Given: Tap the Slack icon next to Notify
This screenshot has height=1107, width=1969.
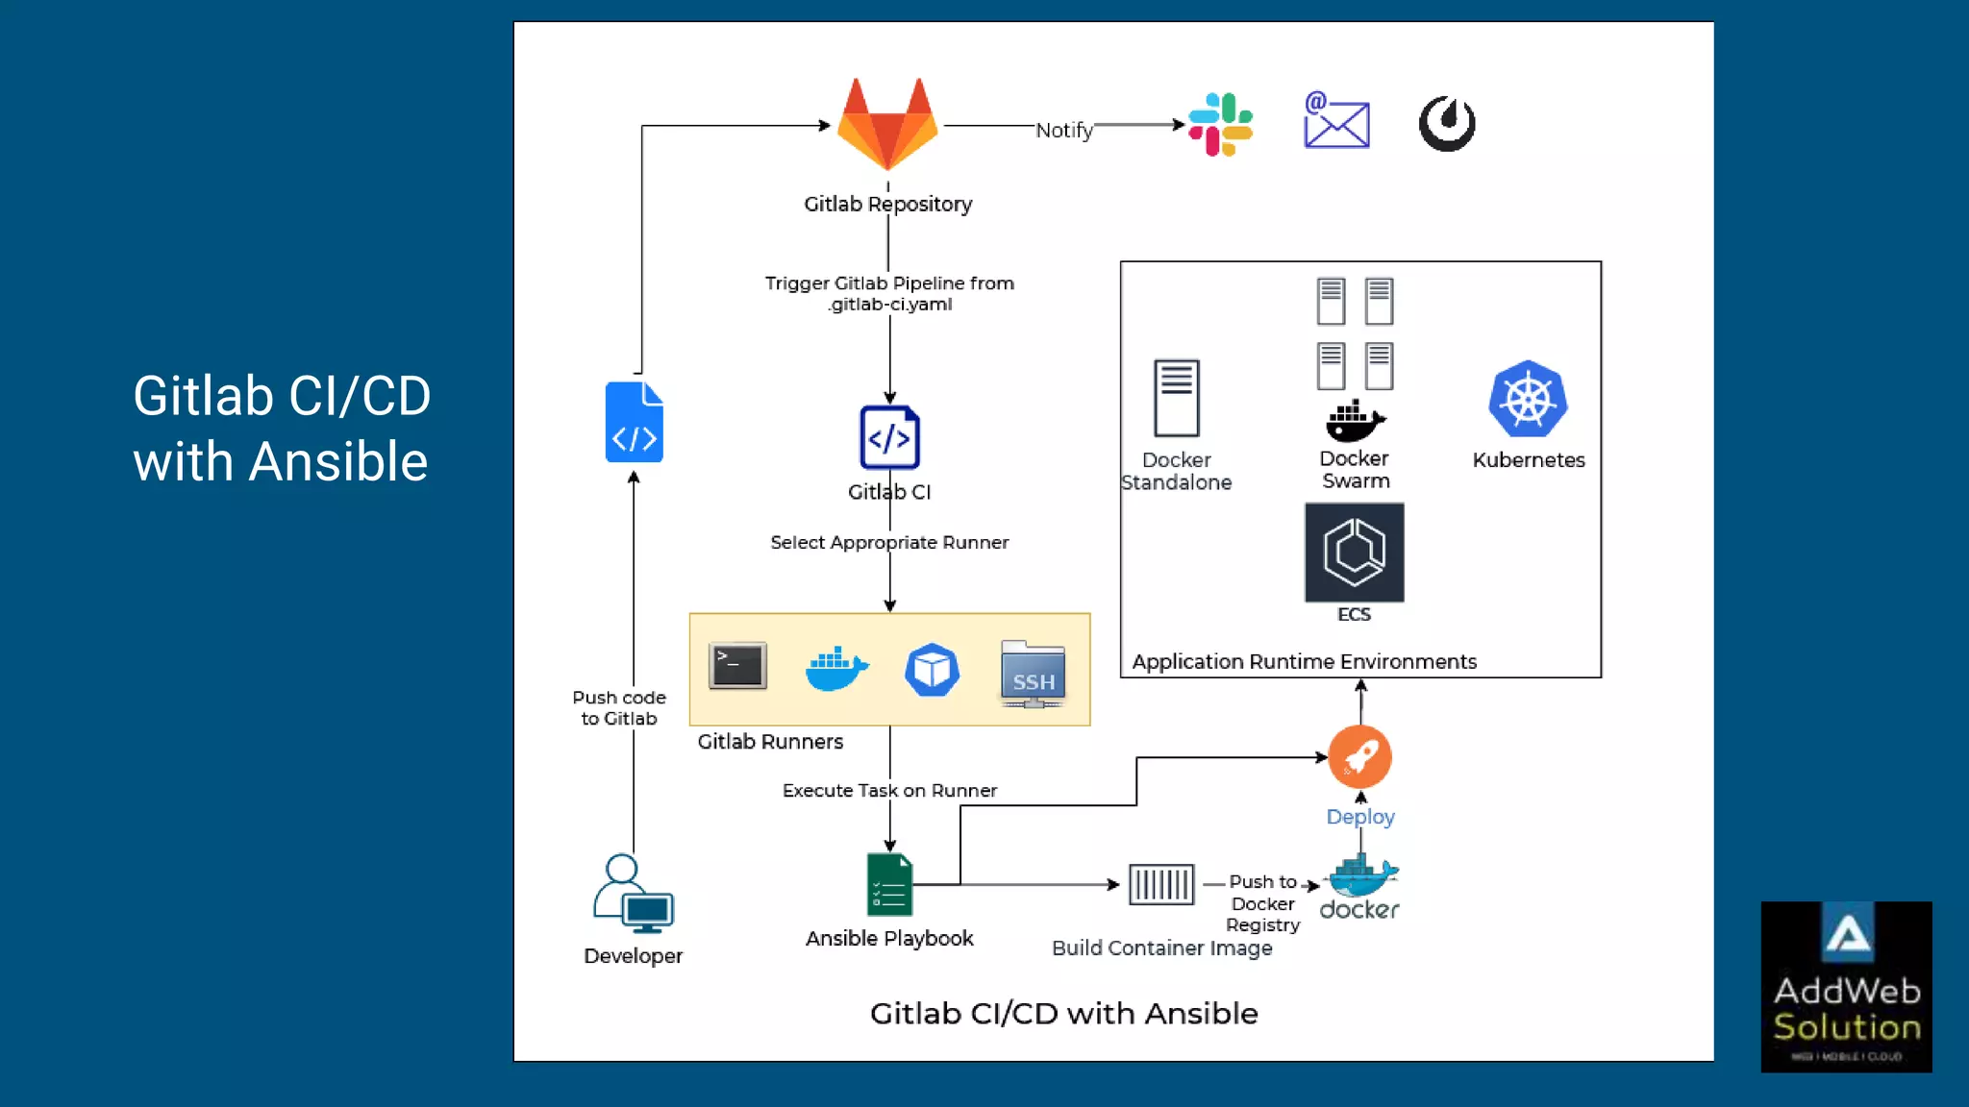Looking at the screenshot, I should [1220, 124].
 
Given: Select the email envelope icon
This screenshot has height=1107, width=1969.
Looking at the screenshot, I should [1336, 121].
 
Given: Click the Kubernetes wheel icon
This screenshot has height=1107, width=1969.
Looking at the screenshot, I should [1528, 399].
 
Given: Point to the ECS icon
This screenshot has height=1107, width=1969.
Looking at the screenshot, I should [1354, 553].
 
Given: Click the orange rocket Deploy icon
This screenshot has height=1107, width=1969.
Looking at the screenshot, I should [1359, 757].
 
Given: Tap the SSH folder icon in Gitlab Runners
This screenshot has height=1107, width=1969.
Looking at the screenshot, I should [1033, 674].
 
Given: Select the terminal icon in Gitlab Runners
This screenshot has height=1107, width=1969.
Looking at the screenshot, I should [737, 666].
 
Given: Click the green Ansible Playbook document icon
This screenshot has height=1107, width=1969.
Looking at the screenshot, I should [889, 884].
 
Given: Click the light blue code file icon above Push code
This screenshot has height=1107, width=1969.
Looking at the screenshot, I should [634, 423].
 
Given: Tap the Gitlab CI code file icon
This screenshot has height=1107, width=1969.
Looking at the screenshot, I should [889, 437].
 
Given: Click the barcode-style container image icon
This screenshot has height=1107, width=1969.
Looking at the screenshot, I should [1160, 884].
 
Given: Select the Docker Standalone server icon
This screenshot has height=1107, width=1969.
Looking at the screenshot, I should [1176, 398].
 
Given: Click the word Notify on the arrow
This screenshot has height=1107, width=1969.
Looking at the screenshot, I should [1063, 130].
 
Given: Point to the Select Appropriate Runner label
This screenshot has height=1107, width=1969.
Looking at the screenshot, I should [889, 542].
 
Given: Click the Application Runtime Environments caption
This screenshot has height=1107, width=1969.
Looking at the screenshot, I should [1304, 661].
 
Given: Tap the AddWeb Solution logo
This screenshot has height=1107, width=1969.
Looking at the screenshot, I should [1846, 986].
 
